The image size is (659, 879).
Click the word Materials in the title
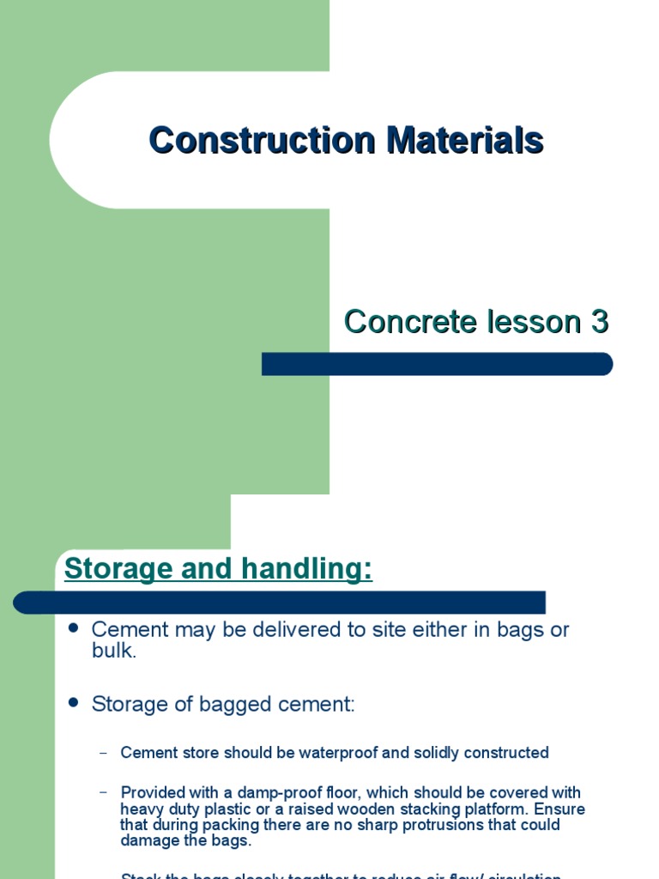[464, 140]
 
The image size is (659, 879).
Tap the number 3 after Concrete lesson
[598, 321]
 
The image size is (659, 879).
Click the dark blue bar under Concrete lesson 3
[437, 364]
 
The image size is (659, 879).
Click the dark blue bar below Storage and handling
[279, 603]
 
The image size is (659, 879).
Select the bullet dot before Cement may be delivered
[73, 627]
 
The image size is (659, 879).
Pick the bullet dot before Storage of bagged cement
[73, 702]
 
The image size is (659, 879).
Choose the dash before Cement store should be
[104, 753]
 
